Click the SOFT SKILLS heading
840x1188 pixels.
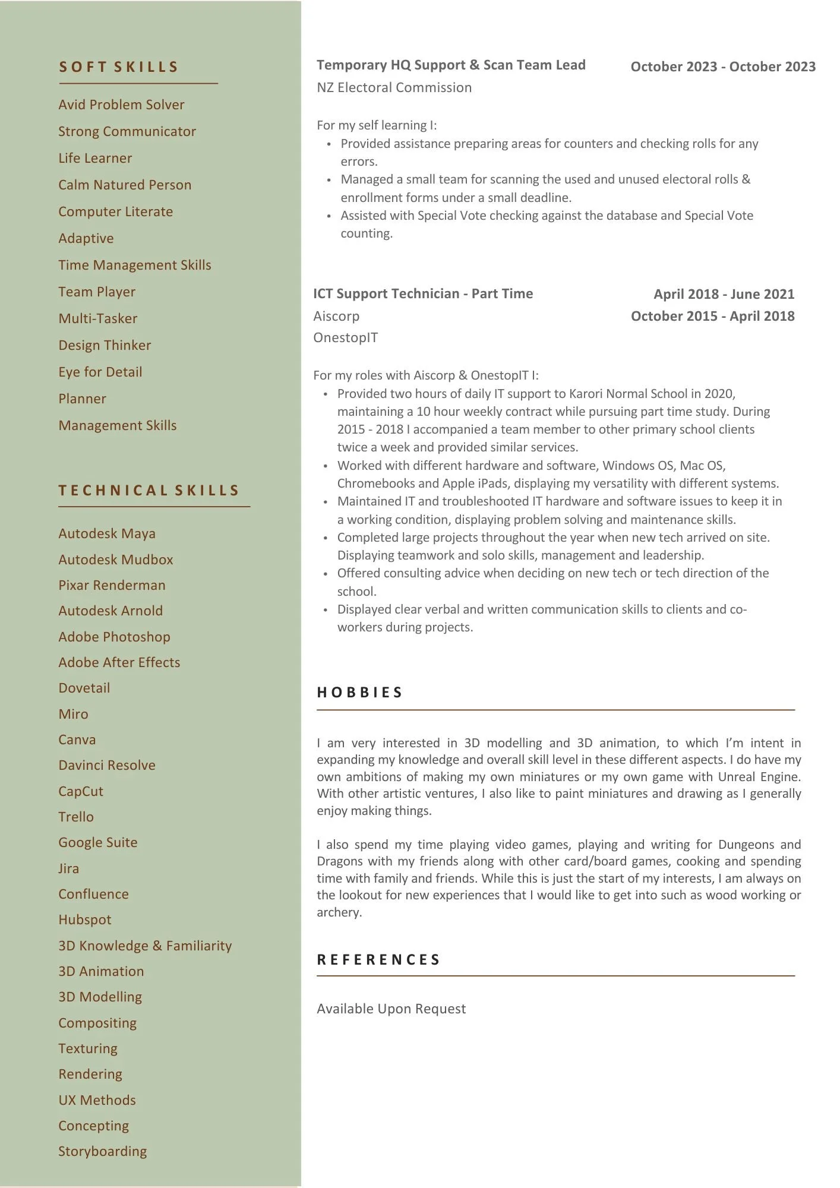pyautogui.click(x=119, y=67)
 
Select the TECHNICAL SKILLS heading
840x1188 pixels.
pyautogui.click(x=149, y=491)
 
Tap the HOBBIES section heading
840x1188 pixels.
pyautogui.click(x=360, y=693)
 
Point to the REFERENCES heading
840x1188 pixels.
pyautogui.click(x=378, y=960)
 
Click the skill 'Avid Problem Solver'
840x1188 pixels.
pyautogui.click(x=121, y=105)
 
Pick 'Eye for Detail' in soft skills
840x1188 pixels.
pyautogui.click(x=100, y=372)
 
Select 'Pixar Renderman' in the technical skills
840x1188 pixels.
pyautogui.click(x=112, y=586)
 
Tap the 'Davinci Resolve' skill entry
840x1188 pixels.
pyautogui.click(x=107, y=766)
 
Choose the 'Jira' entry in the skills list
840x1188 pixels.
pyautogui.click(x=69, y=868)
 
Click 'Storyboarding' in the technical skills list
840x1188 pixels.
pyautogui.click(x=102, y=1152)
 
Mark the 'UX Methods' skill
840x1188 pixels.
pyautogui.click(x=97, y=1101)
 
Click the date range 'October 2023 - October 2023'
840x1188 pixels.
pyautogui.click(x=723, y=67)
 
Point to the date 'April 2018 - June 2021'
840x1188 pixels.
pyautogui.click(x=724, y=295)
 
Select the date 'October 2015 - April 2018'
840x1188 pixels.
pyautogui.click(x=712, y=317)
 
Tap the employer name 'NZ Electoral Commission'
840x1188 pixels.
pyautogui.click(x=394, y=88)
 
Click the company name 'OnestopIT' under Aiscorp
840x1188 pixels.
pyautogui.click(x=346, y=338)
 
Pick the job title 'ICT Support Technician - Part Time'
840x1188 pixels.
pyautogui.click(x=423, y=294)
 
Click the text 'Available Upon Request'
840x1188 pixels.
pyautogui.click(x=391, y=1009)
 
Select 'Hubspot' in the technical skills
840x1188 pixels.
pyautogui.click(x=85, y=920)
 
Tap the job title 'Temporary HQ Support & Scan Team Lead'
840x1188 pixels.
pyautogui.click(x=451, y=65)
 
